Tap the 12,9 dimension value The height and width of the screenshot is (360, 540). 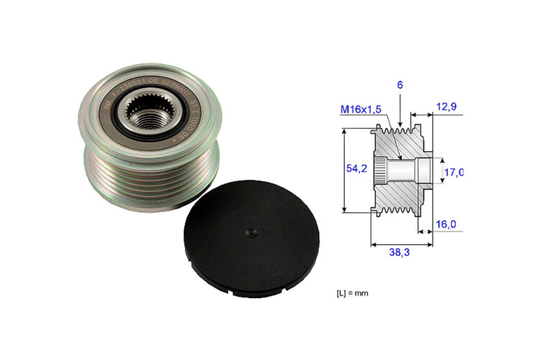[446, 107]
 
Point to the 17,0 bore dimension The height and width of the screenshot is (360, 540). [453, 172]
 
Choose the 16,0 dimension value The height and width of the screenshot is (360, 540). [447, 225]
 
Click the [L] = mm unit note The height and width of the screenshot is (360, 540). [352, 294]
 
